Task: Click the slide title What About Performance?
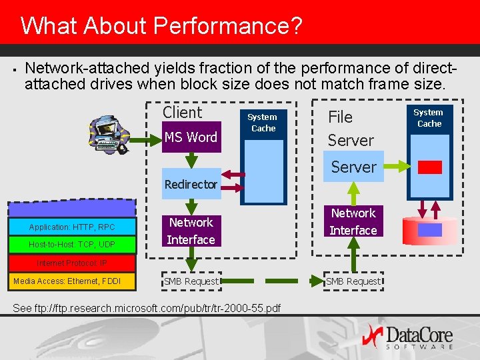161,26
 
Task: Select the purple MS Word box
191,137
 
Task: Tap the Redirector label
191,184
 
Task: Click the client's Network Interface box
191,231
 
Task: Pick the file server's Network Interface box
353,222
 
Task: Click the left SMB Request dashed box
191,281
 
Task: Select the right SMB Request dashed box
353,281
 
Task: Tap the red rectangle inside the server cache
429,167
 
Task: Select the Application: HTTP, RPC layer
72,227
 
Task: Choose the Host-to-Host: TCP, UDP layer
72,245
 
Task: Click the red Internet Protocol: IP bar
72,263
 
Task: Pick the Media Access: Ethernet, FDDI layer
67,281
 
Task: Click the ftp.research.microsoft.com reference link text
147,307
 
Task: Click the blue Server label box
353,167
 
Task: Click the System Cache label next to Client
263,123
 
